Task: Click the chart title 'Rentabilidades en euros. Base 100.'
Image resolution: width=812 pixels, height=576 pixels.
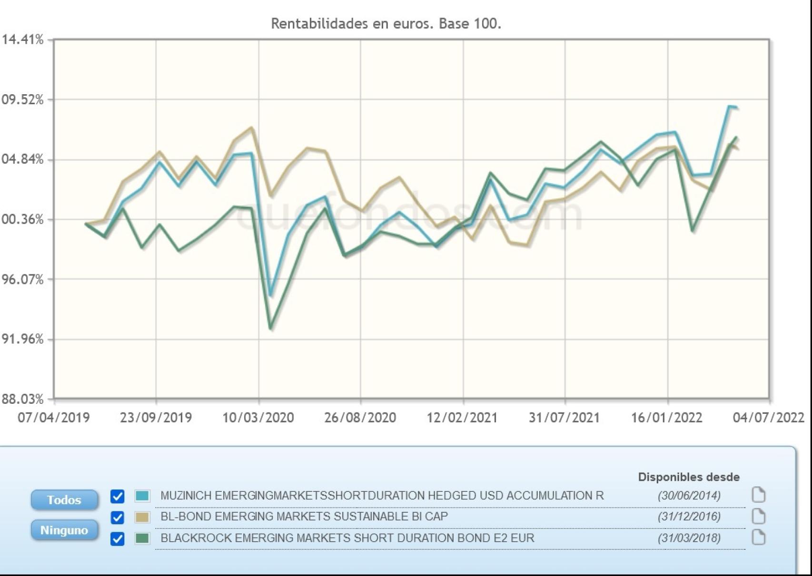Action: [x=386, y=23]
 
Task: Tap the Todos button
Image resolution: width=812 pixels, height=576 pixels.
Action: [x=64, y=500]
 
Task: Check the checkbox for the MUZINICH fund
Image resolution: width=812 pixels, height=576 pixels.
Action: [x=117, y=496]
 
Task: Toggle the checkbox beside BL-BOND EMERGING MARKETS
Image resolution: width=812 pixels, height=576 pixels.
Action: [x=117, y=517]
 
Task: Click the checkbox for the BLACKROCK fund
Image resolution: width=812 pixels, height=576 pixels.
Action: [x=117, y=538]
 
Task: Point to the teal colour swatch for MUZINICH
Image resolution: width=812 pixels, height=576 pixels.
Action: [x=142, y=496]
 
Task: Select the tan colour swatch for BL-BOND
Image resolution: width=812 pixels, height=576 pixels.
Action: [x=142, y=517]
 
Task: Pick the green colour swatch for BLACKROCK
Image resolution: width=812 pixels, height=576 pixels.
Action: [x=142, y=538]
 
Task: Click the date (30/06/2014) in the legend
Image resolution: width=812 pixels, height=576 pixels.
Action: [x=689, y=496]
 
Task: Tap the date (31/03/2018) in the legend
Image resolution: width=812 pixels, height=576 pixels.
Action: [x=689, y=538]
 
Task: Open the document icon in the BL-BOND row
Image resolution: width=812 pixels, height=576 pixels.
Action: [x=758, y=517]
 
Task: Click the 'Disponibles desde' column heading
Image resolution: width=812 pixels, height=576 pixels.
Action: [x=688, y=477]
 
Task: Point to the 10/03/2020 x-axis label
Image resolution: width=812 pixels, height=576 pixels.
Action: [x=258, y=418]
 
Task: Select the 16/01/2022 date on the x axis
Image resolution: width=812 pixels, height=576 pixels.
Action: [x=666, y=418]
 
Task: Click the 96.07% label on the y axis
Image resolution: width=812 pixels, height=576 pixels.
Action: [x=22, y=279]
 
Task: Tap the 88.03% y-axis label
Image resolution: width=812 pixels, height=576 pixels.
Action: [x=22, y=399]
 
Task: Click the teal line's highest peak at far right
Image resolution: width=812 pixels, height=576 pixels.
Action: [x=729, y=106]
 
